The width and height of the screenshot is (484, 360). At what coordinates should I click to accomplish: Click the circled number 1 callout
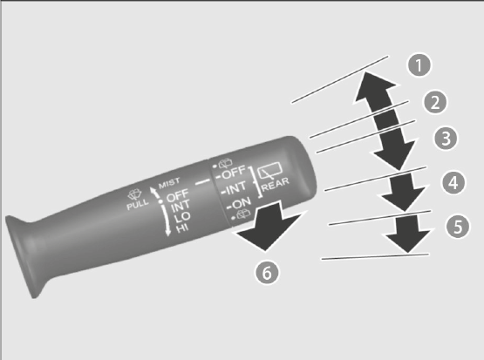(x=419, y=65)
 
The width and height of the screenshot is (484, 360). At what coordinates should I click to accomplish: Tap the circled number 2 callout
(x=435, y=102)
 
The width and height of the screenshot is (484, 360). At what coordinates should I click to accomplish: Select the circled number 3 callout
(x=446, y=139)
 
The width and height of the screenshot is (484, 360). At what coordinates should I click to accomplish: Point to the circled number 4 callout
(x=453, y=183)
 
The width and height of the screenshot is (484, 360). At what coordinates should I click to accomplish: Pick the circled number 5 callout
(x=458, y=227)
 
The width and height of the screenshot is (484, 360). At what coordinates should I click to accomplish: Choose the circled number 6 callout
(x=267, y=273)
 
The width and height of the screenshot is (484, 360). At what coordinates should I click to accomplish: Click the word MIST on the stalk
(x=169, y=183)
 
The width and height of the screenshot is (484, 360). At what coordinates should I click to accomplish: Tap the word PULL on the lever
(x=138, y=204)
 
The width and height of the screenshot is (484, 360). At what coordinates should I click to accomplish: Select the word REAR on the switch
(x=276, y=184)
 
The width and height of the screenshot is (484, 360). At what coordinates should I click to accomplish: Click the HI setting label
(x=182, y=228)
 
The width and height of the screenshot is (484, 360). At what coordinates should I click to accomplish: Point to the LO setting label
(x=181, y=217)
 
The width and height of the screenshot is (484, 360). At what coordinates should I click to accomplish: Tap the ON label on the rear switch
(x=239, y=204)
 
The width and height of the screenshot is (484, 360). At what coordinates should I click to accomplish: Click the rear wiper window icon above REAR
(x=269, y=171)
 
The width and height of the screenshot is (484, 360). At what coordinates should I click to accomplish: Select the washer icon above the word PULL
(x=134, y=194)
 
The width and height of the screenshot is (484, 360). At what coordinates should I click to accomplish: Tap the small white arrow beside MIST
(x=153, y=192)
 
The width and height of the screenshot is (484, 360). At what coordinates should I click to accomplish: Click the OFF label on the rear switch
(x=231, y=173)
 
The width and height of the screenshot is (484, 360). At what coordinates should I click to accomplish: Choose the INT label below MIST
(x=181, y=206)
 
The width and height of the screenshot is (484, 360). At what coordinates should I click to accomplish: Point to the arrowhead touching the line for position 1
(x=374, y=86)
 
